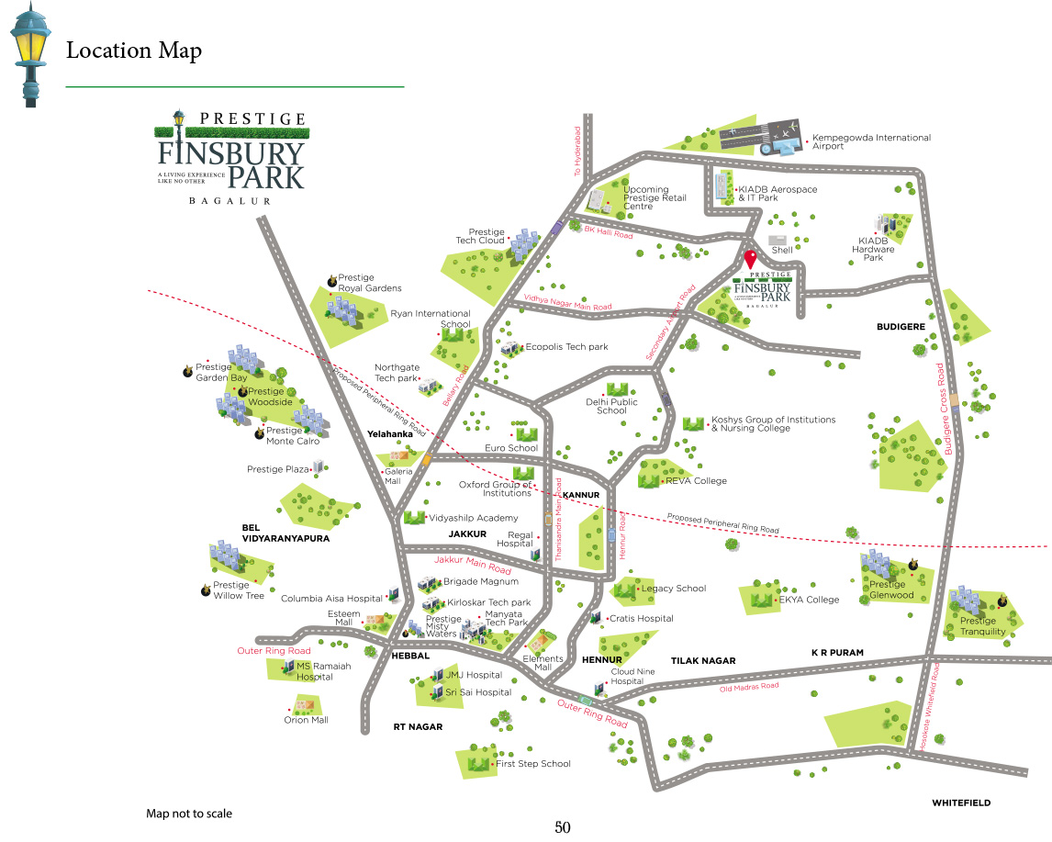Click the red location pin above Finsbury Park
(750, 259)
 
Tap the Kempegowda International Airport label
(871, 141)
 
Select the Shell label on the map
(782, 250)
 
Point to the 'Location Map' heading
(134, 51)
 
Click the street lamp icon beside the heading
(30, 54)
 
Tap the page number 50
(563, 827)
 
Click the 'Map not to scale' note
(189, 814)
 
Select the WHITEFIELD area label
(961, 803)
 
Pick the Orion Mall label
(306, 720)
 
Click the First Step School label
(532, 763)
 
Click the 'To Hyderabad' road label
(578, 152)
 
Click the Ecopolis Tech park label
(566, 347)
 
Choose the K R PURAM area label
(837, 653)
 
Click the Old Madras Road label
(748, 686)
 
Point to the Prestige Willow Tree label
(238, 590)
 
